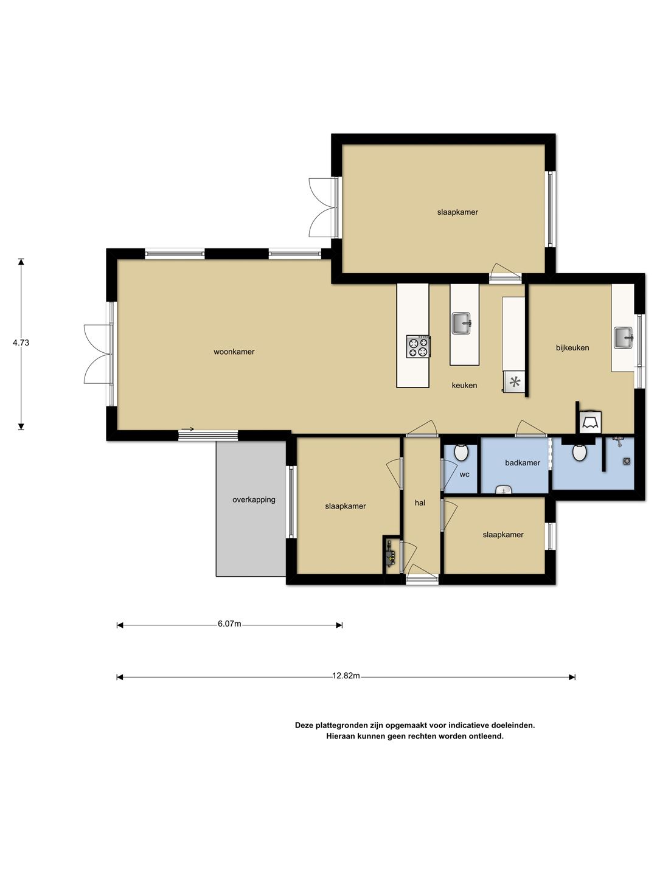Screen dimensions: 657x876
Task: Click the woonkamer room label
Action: click(x=234, y=352)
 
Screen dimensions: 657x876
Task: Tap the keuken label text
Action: click(x=464, y=385)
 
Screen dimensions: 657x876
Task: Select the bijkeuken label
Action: click(x=572, y=347)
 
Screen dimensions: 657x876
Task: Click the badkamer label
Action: click(x=522, y=462)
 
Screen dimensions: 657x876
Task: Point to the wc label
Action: click(x=464, y=474)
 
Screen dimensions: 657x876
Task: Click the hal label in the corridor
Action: click(x=420, y=503)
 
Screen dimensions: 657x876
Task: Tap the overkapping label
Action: click(x=254, y=499)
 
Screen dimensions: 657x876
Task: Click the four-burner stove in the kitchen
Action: click(x=419, y=346)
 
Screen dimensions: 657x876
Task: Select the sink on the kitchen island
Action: click(x=462, y=323)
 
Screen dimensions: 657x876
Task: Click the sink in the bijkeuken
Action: click(x=624, y=337)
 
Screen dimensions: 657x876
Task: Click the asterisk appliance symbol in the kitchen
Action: click(x=515, y=382)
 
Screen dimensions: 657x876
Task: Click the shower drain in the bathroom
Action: click(x=627, y=461)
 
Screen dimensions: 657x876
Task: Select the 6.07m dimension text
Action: click(x=229, y=624)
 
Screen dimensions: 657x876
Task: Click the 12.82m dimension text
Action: click(x=346, y=676)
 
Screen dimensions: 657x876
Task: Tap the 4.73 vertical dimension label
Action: click(x=21, y=342)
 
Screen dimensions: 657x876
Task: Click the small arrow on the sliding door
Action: click(x=187, y=429)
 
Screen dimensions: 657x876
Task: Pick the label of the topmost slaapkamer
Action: click(x=457, y=212)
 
